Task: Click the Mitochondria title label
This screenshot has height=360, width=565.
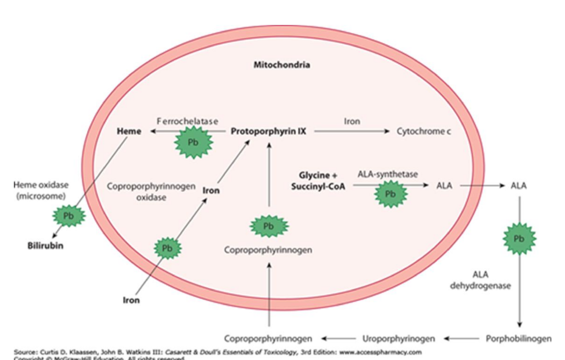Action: (x=282, y=65)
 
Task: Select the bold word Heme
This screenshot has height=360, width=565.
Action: (x=129, y=131)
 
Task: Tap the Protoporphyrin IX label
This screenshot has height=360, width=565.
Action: (x=268, y=131)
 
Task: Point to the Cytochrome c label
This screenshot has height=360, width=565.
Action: (x=424, y=131)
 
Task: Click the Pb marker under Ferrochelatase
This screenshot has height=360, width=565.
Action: (x=193, y=142)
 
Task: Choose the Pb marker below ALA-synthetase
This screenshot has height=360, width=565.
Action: (x=390, y=194)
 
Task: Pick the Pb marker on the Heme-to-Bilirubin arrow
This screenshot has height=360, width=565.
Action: (x=69, y=216)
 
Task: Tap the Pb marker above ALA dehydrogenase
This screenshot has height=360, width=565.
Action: (x=519, y=239)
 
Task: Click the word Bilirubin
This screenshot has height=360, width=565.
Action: (x=46, y=246)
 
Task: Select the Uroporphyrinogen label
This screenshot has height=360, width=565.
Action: (x=399, y=338)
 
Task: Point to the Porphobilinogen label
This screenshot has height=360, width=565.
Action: (x=518, y=338)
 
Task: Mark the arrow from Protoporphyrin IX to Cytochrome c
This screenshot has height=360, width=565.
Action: (x=352, y=131)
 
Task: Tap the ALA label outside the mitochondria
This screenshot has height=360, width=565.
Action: (x=518, y=186)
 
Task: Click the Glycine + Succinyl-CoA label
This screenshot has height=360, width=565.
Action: (x=318, y=181)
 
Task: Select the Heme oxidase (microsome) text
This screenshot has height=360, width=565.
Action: (x=41, y=191)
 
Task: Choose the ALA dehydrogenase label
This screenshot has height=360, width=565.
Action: (x=480, y=280)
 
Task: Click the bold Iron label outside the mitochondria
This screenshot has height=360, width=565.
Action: (x=131, y=300)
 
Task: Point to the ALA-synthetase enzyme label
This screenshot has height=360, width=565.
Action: (x=388, y=174)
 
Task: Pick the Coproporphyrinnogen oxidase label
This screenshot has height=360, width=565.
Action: (x=151, y=192)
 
